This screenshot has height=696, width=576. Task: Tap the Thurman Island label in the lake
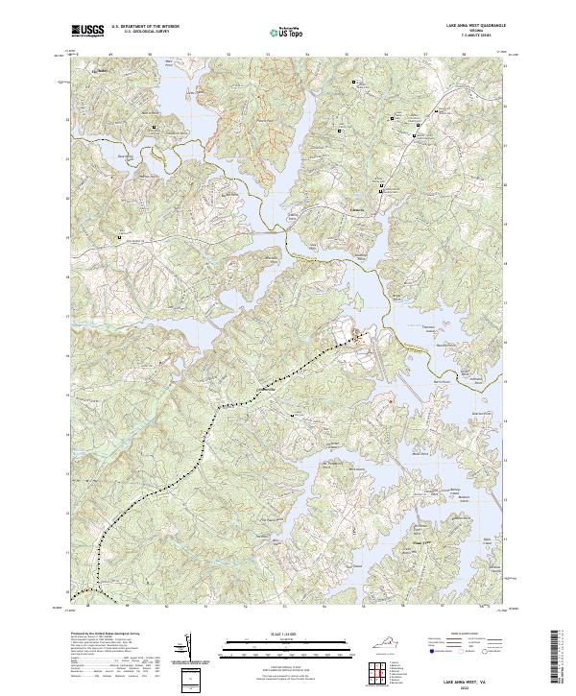pyautogui.click(x=412, y=325)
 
